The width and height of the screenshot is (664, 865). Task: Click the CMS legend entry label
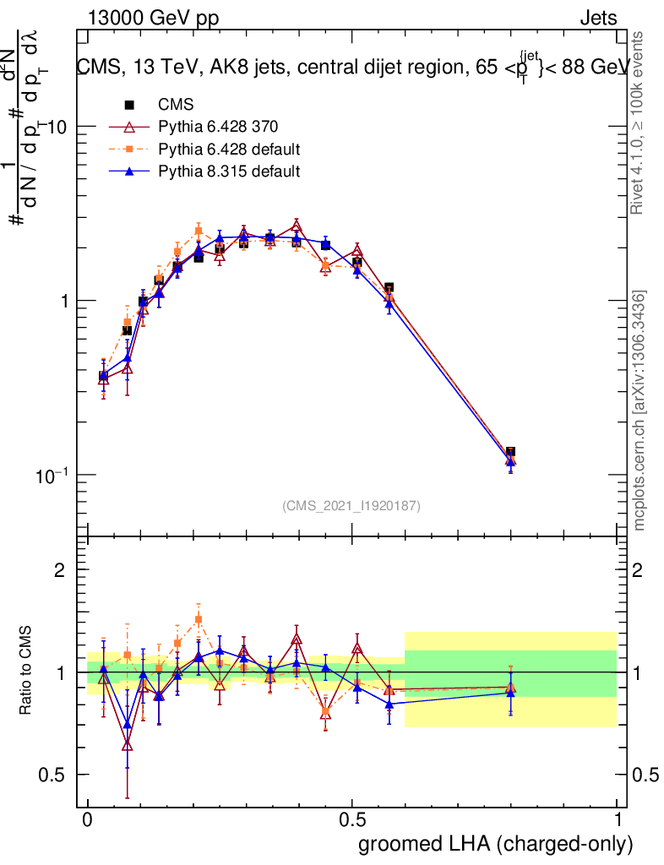tap(176, 106)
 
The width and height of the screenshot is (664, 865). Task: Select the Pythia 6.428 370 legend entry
tap(218, 128)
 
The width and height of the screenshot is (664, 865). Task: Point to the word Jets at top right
tap(597, 19)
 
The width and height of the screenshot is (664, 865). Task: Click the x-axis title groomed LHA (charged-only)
tap(496, 844)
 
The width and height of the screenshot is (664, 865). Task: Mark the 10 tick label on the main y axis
tap(56, 127)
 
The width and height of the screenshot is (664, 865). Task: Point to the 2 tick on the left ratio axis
tap(59, 570)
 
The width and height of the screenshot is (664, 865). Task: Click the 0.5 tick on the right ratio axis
tap(646, 775)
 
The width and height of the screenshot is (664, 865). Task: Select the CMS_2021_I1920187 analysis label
tap(351, 505)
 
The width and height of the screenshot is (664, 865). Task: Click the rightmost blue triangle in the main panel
tap(510, 461)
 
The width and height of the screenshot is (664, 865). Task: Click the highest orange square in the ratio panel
tap(199, 620)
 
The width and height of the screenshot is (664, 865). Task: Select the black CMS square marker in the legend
tap(129, 106)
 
